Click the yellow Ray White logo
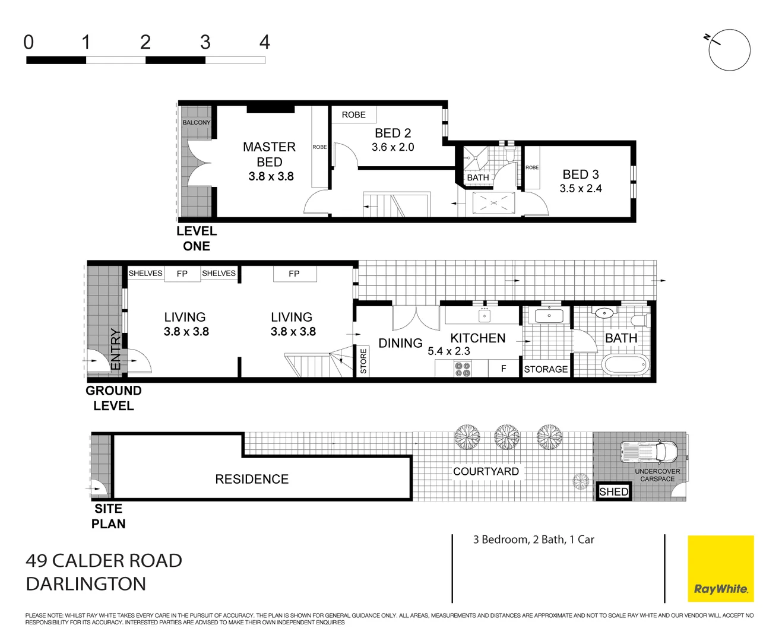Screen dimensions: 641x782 click(720, 569)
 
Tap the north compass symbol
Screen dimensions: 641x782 click(729, 50)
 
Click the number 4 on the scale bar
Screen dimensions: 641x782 click(265, 42)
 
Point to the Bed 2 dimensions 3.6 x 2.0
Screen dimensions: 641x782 click(392, 147)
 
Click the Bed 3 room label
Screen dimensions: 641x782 click(580, 174)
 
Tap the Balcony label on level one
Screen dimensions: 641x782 click(196, 123)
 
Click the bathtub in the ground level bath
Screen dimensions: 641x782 click(626, 364)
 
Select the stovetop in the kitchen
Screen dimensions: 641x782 click(463, 369)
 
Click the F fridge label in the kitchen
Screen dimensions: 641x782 click(503, 369)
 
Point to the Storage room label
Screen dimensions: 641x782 click(546, 369)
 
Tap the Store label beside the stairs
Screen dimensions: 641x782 click(363, 361)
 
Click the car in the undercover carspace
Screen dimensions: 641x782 click(648, 452)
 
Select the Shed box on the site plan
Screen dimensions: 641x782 click(613, 491)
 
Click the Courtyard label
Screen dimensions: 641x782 click(486, 471)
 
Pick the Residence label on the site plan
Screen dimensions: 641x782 click(252, 479)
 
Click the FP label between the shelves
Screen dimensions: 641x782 click(182, 274)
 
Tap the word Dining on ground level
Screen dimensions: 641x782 click(400, 343)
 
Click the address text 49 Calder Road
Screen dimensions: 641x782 click(104, 560)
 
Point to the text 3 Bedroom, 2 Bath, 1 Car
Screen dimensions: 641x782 click(533, 540)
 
